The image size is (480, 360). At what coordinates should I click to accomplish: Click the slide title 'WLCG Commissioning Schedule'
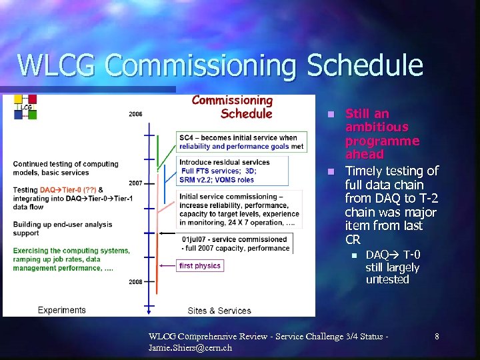220,65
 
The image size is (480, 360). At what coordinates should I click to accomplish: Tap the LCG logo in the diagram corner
25,107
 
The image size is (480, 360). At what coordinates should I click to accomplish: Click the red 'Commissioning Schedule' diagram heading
233,107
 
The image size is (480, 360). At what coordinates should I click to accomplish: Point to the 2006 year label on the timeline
135,114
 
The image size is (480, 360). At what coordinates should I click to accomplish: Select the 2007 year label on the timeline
135,183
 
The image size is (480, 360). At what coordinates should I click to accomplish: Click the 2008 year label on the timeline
135,282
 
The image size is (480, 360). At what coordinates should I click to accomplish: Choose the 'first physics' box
200,265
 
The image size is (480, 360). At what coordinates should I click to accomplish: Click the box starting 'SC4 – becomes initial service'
241,142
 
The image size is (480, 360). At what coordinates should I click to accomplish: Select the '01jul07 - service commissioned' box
235,243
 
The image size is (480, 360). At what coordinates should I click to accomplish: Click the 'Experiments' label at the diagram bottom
62,310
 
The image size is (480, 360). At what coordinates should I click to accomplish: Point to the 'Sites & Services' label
219,311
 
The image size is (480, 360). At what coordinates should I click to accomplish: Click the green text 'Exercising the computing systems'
71,251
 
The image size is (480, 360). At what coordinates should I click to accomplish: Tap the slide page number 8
437,337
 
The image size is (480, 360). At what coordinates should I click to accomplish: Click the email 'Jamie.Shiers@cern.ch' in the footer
190,348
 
